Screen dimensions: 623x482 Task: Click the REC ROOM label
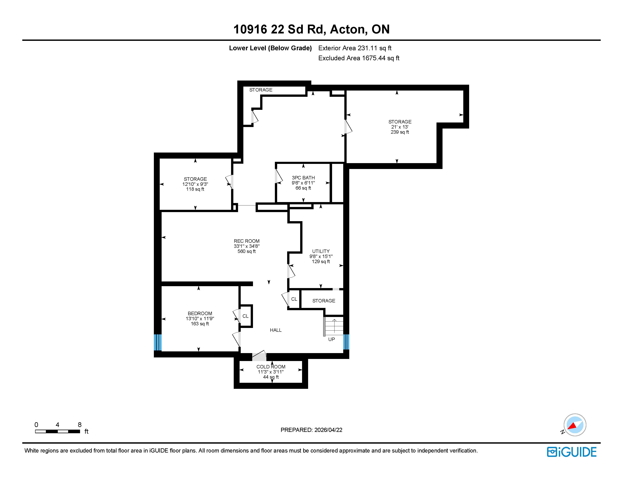tap(246, 241)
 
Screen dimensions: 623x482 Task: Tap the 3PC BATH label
tap(303, 178)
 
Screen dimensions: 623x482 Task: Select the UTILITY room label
tap(321, 251)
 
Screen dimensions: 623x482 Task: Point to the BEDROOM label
tap(200, 313)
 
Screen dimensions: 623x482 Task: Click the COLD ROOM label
tap(271, 367)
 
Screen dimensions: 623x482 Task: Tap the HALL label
tap(276, 330)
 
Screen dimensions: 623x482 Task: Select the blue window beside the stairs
tap(346, 342)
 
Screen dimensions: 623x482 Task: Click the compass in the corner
tap(574, 425)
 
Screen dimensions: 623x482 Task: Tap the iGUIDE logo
tap(572, 452)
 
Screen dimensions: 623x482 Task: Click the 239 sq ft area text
tap(400, 132)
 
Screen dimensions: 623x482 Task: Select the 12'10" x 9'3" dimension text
tap(195, 184)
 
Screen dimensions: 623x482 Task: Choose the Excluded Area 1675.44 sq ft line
tap(359, 58)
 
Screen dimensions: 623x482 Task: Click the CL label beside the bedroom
tap(245, 316)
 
